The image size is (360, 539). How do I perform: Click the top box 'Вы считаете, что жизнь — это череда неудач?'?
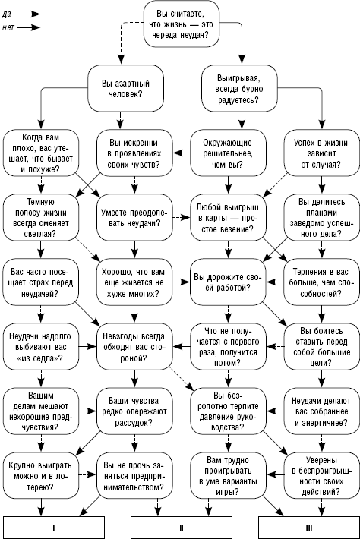pyautogui.click(x=182, y=24)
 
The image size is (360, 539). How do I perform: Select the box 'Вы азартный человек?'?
pyautogui.click(x=125, y=88)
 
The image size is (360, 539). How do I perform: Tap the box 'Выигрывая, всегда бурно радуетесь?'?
pyautogui.click(x=239, y=88)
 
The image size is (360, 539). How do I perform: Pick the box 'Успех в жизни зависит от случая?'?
pyautogui.click(x=321, y=153)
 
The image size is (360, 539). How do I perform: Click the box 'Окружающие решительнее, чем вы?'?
pyautogui.click(x=228, y=153)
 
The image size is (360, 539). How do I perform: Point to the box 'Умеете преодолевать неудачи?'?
pyautogui.click(x=134, y=218)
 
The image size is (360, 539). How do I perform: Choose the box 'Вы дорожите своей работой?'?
pyautogui.click(x=228, y=282)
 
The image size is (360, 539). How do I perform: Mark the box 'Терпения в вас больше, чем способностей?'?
pyautogui.click(x=321, y=282)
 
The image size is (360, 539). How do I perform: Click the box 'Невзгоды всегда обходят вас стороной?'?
pyautogui.click(x=134, y=346)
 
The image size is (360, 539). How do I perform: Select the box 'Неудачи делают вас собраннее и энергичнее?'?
pyautogui.click(x=321, y=411)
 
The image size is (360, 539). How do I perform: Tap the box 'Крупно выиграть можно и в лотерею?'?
pyautogui.click(x=41, y=476)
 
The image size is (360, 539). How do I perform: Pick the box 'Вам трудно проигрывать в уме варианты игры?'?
pyautogui.click(x=228, y=476)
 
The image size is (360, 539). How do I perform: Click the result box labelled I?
pyautogui.click(x=54, y=528)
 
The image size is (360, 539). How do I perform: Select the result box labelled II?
pyautogui.click(x=182, y=528)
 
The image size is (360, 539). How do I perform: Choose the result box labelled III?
pyautogui.click(x=309, y=528)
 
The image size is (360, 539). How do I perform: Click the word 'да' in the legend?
pyautogui.click(x=7, y=14)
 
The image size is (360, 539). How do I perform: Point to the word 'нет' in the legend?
pyautogui.click(x=8, y=27)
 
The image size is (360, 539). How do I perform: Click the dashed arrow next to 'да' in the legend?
pyautogui.click(x=29, y=14)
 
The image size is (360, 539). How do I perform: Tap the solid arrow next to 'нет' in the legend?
pyautogui.click(x=29, y=27)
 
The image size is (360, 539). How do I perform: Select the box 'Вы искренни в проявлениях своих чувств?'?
pyautogui.click(x=134, y=153)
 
